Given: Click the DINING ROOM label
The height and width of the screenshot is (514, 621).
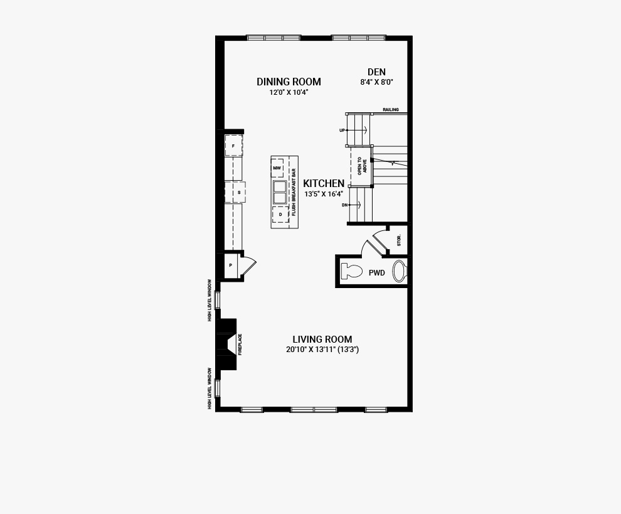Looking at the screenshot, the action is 289,82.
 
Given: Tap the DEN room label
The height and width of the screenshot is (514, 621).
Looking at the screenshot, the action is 376,72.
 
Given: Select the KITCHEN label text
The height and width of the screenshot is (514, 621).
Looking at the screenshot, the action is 324,183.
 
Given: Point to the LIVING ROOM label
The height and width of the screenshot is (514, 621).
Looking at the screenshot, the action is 322,340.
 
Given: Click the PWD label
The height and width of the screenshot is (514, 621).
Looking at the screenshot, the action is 376,272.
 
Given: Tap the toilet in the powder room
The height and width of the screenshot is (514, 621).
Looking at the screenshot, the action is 352,272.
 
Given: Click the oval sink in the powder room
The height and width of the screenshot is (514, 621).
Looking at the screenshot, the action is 399,272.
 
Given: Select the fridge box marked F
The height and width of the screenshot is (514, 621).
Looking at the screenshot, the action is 234,146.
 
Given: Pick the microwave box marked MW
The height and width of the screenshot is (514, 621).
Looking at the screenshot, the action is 277,168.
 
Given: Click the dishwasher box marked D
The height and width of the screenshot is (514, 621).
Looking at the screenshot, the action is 280,215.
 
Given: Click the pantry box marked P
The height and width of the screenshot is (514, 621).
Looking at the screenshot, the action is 230,265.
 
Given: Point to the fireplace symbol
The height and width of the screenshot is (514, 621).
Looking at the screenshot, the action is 227,345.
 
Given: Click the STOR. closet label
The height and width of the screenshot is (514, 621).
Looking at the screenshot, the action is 399,240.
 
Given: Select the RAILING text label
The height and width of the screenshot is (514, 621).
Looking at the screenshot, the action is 391,110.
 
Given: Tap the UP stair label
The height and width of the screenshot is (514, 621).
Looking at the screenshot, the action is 342,131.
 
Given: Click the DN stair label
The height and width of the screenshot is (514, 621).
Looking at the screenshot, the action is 344,205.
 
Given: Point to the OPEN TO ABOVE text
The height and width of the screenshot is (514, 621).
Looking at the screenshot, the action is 363,166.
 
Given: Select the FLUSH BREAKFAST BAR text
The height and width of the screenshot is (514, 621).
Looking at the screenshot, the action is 294,192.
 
